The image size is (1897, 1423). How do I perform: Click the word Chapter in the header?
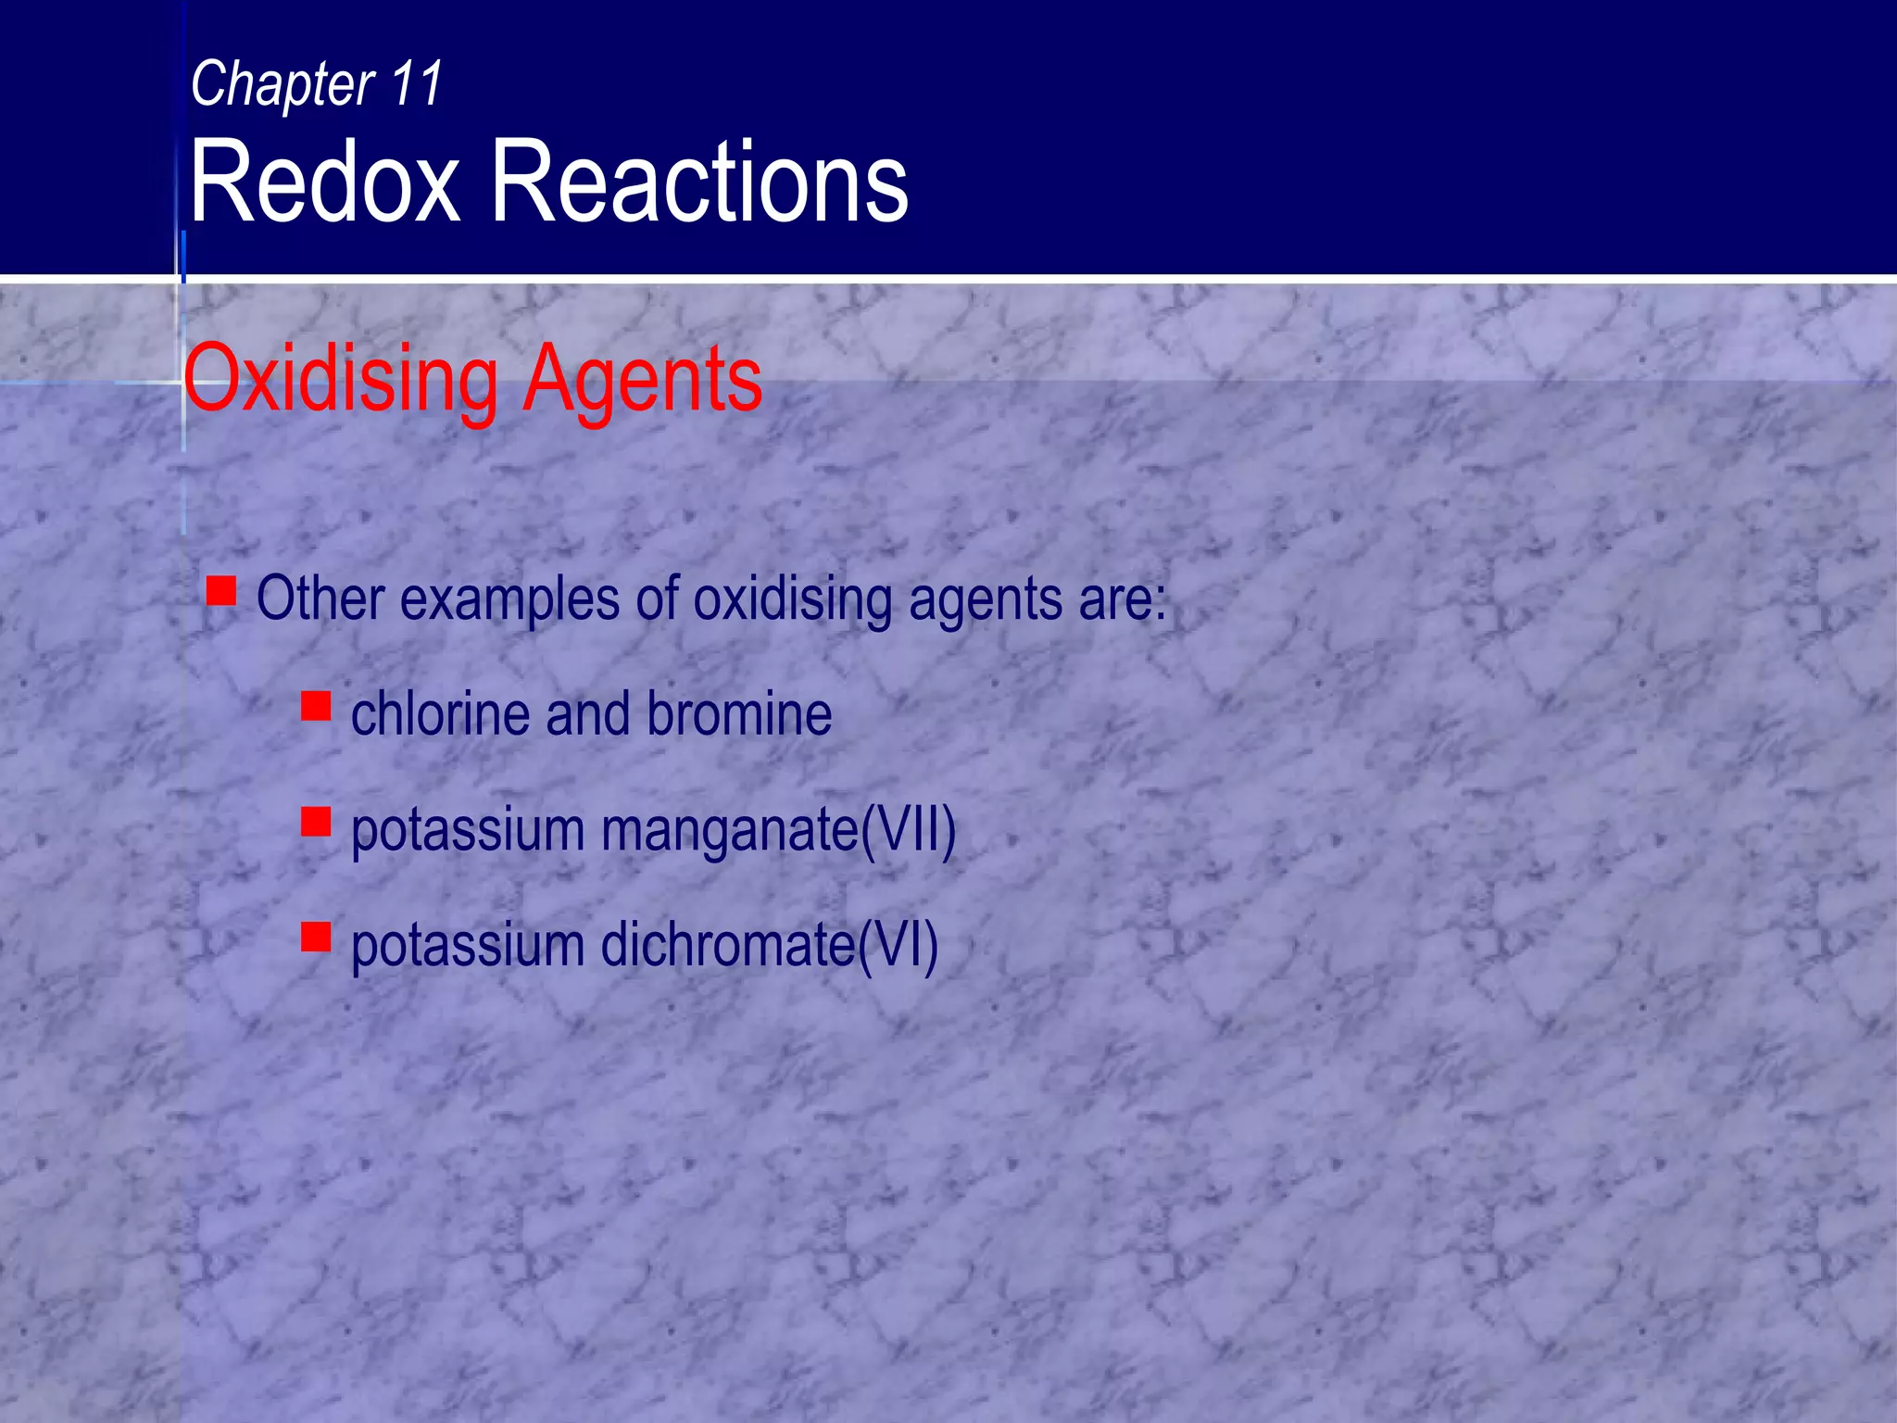[x=282, y=85]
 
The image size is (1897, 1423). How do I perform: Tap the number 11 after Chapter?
[x=417, y=83]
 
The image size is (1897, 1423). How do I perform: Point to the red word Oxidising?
[x=340, y=380]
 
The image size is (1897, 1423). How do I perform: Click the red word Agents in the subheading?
[x=642, y=380]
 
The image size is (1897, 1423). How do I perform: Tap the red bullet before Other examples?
[x=221, y=590]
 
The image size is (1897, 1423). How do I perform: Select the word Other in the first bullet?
[x=320, y=598]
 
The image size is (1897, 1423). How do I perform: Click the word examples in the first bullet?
[x=509, y=600]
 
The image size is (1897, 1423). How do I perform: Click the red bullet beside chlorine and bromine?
[x=316, y=706]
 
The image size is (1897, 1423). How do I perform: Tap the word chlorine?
[x=440, y=714]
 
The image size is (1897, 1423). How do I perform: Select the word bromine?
[x=739, y=714]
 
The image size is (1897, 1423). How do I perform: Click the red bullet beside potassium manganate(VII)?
[x=316, y=822]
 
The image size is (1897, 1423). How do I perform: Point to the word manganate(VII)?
[x=778, y=830]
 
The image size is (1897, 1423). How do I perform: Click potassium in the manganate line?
[x=468, y=831]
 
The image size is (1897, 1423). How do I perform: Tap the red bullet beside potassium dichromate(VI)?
[x=316, y=937]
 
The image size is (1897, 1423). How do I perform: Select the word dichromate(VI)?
[x=770, y=946]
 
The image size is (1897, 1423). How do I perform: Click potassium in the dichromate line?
[x=468, y=947]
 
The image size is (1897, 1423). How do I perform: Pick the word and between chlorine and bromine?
[x=588, y=714]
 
